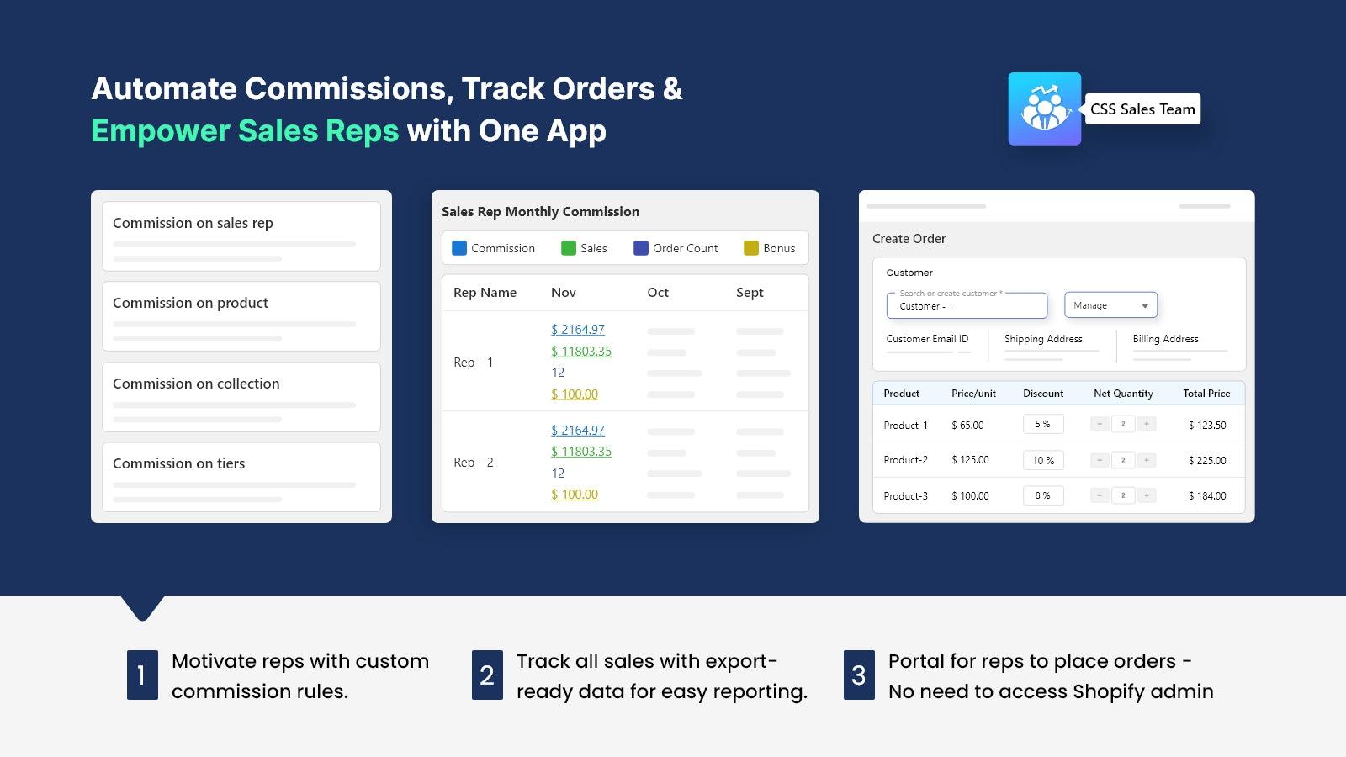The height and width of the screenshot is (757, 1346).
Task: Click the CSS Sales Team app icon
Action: tap(1044, 109)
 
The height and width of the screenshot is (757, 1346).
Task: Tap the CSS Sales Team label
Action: tap(1142, 109)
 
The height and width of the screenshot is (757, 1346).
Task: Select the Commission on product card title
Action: tap(190, 303)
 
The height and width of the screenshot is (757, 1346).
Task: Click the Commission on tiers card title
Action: tap(178, 463)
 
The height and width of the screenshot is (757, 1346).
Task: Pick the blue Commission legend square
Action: tap(459, 248)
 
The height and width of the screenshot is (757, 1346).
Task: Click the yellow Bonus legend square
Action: tap(751, 248)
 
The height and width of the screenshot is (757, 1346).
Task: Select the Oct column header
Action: tap(657, 293)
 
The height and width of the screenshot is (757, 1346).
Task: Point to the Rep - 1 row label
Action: tap(473, 363)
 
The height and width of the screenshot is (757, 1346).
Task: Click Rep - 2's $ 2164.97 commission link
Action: tap(577, 430)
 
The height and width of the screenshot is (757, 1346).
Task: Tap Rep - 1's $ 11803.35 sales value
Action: tap(581, 351)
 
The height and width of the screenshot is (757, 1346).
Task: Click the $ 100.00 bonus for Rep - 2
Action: tap(575, 495)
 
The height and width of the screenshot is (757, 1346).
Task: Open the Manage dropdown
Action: tap(1110, 305)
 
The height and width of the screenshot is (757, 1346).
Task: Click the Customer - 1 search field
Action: tap(967, 305)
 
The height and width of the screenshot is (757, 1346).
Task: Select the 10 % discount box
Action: tap(1043, 460)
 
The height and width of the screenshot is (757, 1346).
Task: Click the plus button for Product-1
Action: tap(1147, 424)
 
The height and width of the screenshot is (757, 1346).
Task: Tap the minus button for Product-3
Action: tap(1100, 495)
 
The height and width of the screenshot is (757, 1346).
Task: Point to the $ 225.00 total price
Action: tap(1207, 461)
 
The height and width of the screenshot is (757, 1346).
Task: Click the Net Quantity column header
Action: tap(1123, 394)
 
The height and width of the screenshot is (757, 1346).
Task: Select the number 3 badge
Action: tap(859, 675)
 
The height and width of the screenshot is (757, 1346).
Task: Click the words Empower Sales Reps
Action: tap(245, 131)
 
